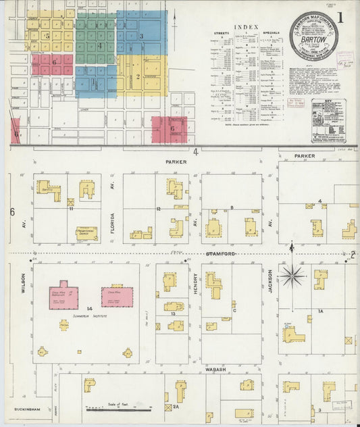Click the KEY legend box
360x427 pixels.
(329, 120)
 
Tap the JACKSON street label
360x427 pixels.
(269, 282)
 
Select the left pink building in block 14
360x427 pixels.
(63, 296)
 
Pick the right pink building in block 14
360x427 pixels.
(117, 296)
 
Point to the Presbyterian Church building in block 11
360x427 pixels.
(86, 234)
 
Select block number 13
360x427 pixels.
(174, 315)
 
